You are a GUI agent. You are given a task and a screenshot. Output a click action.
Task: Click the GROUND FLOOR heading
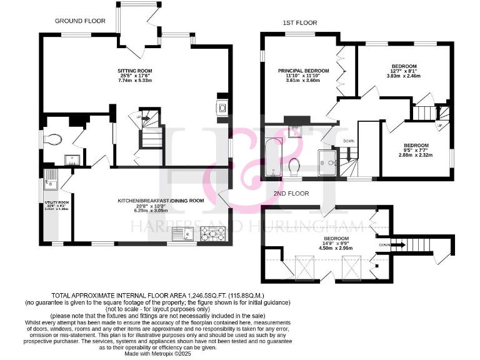click(x=80, y=21)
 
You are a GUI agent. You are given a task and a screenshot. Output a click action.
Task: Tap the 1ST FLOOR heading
click(x=300, y=23)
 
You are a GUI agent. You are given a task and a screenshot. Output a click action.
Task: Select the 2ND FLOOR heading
click(x=291, y=194)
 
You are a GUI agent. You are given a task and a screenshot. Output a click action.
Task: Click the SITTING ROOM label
click(x=134, y=71)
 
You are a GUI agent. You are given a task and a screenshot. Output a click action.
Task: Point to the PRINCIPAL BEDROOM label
click(x=303, y=71)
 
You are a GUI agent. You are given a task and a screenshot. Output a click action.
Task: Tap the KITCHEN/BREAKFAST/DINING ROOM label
click(x=161, y=201)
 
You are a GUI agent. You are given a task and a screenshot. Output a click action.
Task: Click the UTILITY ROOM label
click(x=55, y=203)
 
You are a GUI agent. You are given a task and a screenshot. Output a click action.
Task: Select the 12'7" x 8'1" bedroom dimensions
click(x=404, y=72)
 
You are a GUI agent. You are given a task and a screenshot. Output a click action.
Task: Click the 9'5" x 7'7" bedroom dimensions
click(x=416, y=150)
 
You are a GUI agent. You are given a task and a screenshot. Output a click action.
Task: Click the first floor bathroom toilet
click(x=296, y=166)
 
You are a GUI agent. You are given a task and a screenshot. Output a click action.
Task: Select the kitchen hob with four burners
click(x=211, y=234)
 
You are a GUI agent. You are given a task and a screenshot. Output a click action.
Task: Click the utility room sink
click(x=50, y=183)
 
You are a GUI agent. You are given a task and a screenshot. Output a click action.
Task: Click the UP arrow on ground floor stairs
click(x=145, y=116)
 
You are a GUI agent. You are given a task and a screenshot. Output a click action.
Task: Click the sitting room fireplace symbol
click(x=222, y=107)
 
